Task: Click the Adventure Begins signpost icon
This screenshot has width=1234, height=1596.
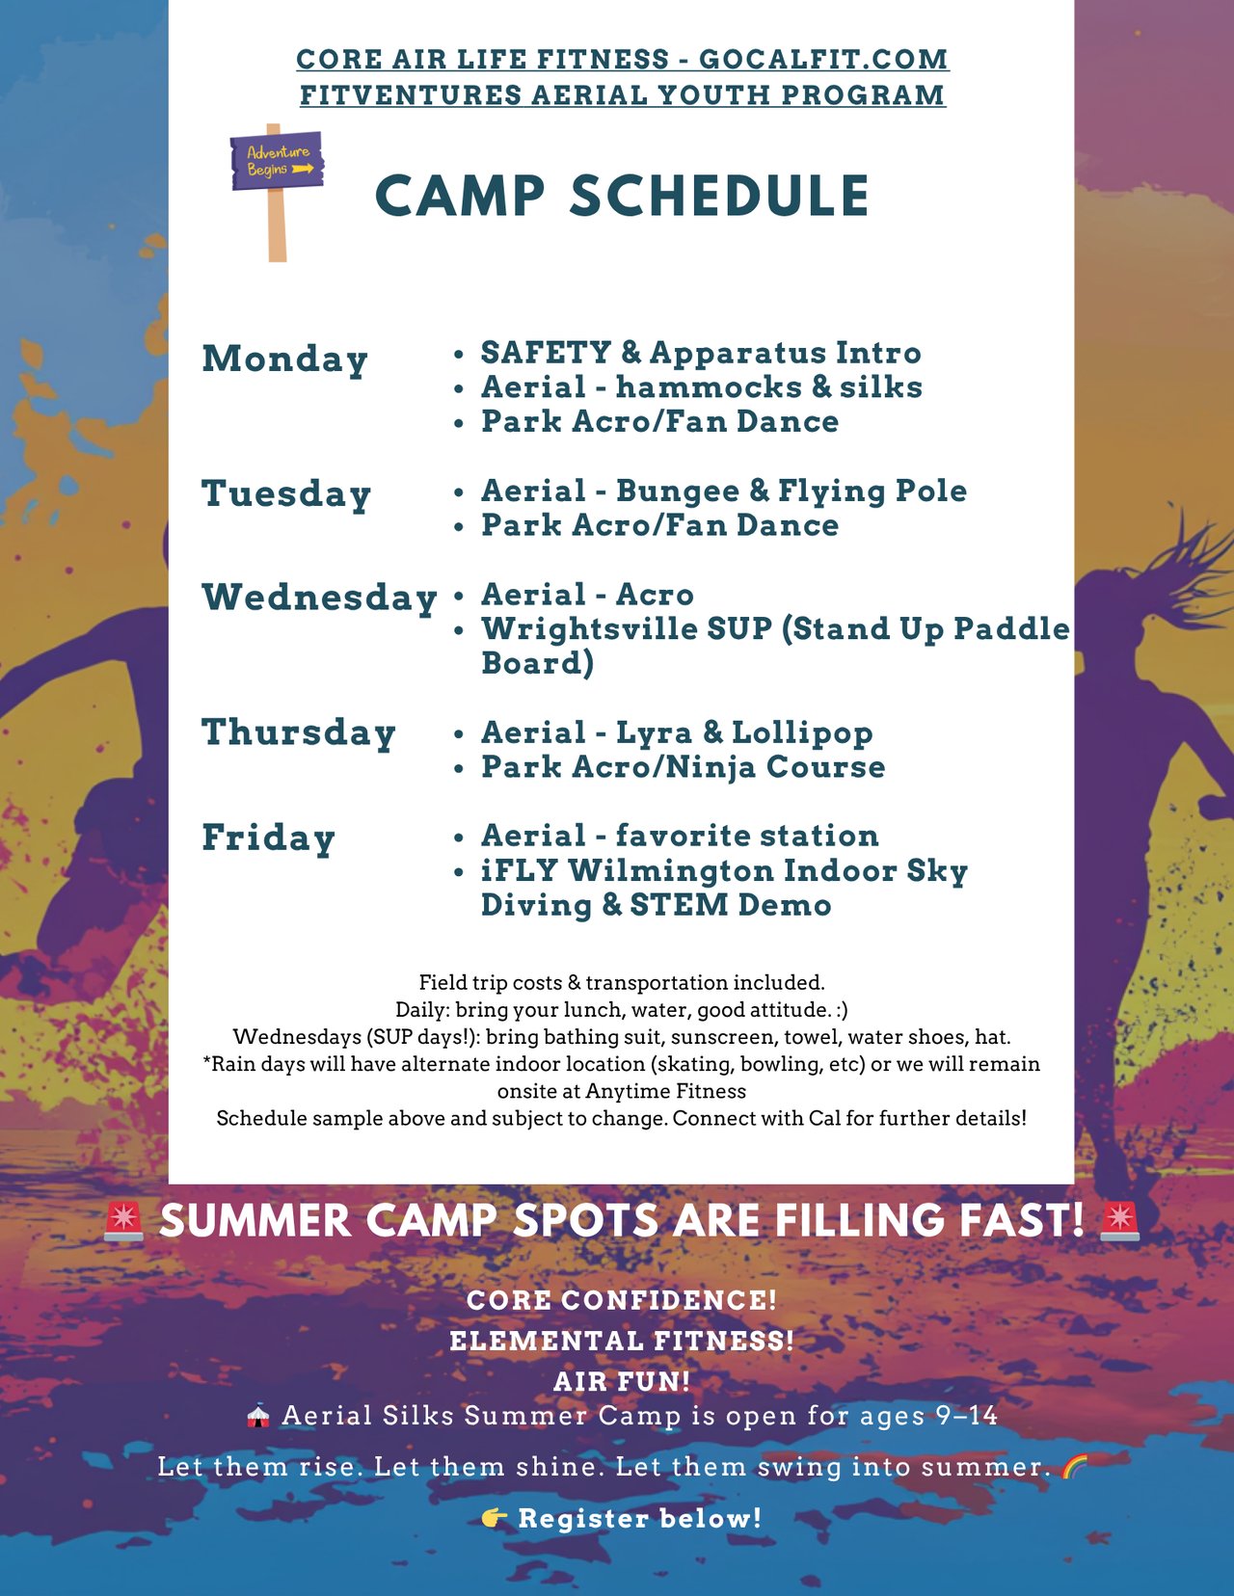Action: pos(277,192)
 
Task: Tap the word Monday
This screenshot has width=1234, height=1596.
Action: pos(285,359)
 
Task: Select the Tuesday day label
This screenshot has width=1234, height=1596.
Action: pos(286,493)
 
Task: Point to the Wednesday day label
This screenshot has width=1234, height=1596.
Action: pos(319,598)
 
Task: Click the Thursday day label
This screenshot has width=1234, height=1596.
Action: pos(299,733)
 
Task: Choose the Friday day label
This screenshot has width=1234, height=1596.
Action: pos(268,838)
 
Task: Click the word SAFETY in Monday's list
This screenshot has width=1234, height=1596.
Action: pos(547,353)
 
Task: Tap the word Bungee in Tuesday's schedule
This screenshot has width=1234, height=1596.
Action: pos(677,492)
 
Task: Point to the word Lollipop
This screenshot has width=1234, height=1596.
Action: pos(802,733)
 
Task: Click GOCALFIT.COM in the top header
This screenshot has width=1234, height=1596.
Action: pos(823,60)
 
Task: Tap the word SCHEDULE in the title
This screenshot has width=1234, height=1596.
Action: pos(720,196)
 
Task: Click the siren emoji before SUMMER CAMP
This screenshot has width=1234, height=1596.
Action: pos(123,1222)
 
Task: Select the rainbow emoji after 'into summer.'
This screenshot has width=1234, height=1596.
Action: pos(1075,1468)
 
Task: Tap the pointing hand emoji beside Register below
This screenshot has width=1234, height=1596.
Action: pos(495,1518)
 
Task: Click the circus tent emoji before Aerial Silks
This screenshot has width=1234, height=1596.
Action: pos(257,1416)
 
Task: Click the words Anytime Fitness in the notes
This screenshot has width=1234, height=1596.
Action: pos(665,1091)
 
